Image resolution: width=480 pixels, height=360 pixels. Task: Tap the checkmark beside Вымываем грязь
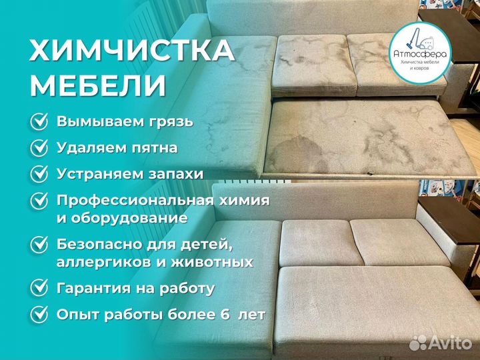tap(40, 122)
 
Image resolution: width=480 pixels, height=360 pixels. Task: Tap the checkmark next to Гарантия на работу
tap(40, 288)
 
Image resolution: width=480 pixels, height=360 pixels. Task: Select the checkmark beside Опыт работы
tap(40, 313)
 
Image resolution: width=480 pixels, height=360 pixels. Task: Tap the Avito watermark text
tap(451, 343)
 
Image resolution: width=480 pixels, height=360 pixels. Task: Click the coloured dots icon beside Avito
tap(419, 342)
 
